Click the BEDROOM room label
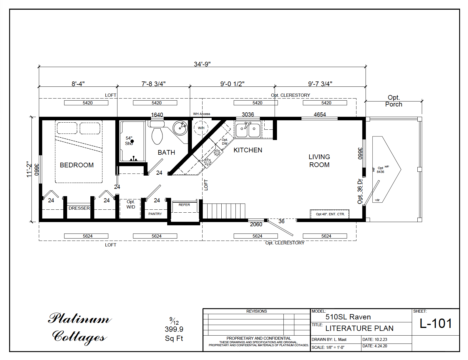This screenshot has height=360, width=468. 77,165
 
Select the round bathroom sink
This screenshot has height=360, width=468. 180,128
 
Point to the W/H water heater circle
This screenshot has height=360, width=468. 201,128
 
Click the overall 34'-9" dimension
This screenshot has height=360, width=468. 202,64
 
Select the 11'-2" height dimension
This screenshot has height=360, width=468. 29,169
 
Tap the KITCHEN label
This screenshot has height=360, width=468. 248,150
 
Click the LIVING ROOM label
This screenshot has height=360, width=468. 319,161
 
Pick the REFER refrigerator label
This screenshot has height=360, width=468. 184,205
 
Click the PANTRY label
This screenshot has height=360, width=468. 155,214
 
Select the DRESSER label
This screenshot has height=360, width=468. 79,208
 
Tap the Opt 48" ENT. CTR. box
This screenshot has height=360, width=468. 330,214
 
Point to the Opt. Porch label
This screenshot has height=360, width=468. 394,101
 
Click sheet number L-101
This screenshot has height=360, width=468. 435,324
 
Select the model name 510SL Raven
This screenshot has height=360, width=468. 348,317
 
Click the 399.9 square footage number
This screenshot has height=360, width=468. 174,329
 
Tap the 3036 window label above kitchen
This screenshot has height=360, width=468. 248,114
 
